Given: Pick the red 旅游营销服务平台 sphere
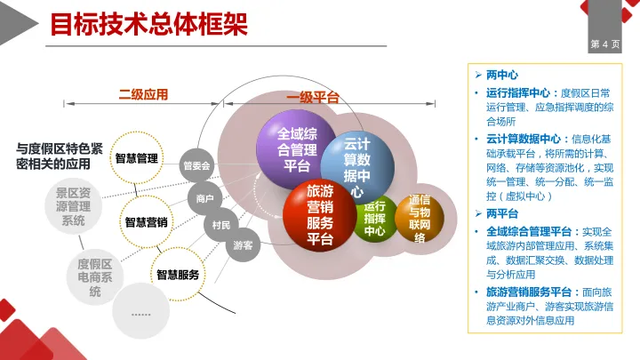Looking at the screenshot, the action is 318,214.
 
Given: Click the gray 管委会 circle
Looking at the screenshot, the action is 197,165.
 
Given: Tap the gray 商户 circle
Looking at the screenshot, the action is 204,199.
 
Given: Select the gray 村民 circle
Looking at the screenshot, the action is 221,225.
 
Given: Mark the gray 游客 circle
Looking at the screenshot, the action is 242,244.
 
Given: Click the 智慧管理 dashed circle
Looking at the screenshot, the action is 137,158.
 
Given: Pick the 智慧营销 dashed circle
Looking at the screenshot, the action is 147,222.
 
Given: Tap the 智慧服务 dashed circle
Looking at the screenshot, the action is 177,275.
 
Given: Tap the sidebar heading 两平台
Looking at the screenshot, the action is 502,213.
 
